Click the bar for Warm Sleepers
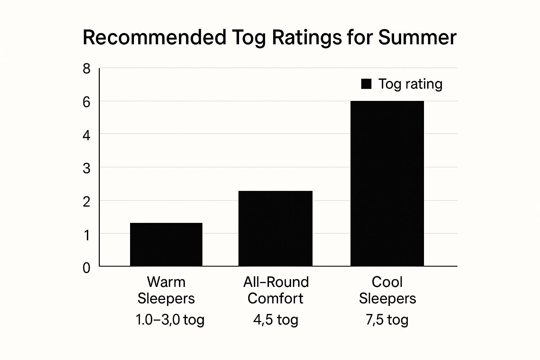(x=166, y=244)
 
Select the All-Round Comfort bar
(x=275, y=229)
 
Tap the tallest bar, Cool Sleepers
(x=387, y=184)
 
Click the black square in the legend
(x=366, y=84)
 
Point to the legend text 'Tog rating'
(x=410, y=84)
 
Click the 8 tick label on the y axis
(x=86, y=69)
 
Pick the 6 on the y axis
(x=86, y=102)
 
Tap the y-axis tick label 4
(x=86, y=135)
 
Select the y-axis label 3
(x=86, y=169)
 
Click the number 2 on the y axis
(x=86, y=202)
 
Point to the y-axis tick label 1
(x=86, y=235)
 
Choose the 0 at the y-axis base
(x=86, y=268)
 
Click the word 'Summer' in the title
(x=417, y=37)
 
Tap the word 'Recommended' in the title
(x=154, y=37)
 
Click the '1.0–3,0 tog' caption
(x=170, y=320)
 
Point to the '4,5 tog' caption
(x=276, y=320)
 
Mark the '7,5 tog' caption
(x=387, y=320)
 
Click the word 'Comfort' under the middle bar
(x=275, y=298)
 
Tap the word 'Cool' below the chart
(x=387, y=282)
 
